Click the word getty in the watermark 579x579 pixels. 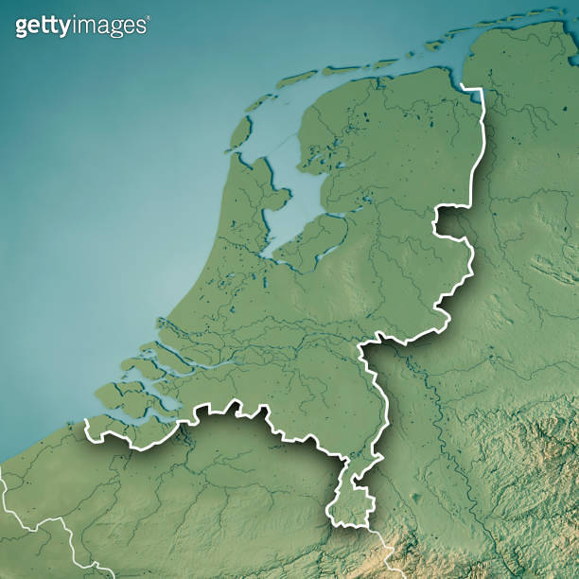point(42,26)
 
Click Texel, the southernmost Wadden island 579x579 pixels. point(240,132)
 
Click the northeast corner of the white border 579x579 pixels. point(481,91)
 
